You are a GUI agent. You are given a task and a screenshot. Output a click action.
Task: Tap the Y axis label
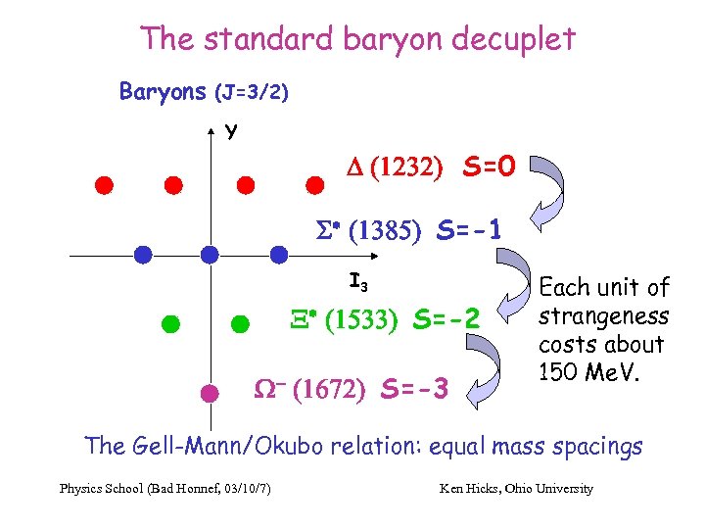pyautogui.click(x=230, y=132)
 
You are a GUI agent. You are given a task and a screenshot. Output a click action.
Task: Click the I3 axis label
pyautogui.click(x=359, y=284)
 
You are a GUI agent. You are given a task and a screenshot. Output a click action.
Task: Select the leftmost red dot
pyautogui.click(x=103, y=183)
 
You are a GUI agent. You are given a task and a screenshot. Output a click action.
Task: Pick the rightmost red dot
pyautogui.click(x=315, y=183)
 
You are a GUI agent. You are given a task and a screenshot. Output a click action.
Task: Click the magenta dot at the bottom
pyautogui.click(x=209, y=394)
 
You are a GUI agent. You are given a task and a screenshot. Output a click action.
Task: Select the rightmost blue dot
pyautogui.click(x=279, y=255)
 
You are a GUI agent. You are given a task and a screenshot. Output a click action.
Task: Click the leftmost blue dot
pyautogui.click(x=143, y=255)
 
